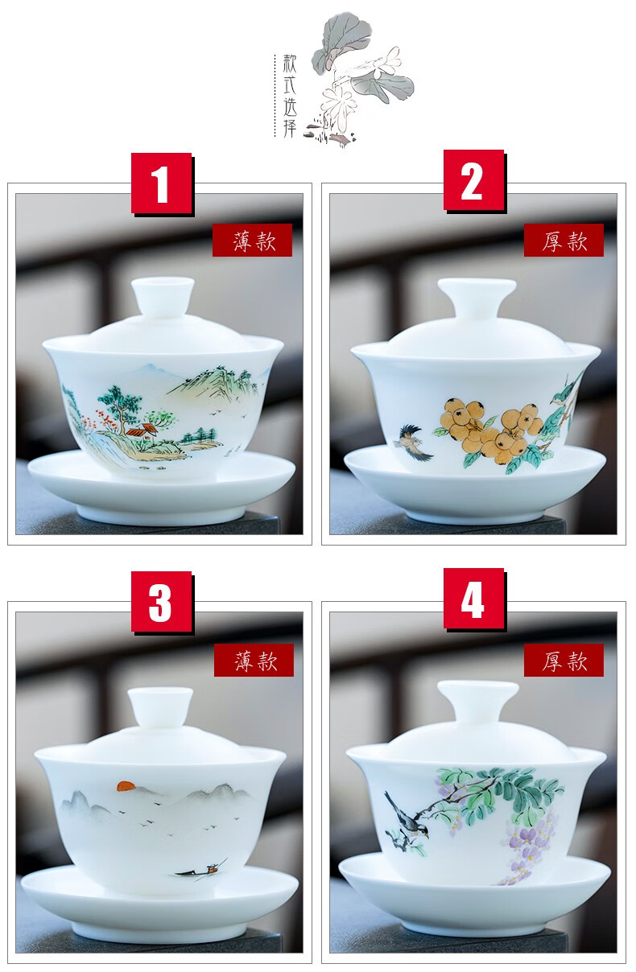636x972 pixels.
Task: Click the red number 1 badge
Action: click(x=162, y=183)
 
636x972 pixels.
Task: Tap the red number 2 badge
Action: click(x=473, y=180)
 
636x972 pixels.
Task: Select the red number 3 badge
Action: click(x=162, y=601)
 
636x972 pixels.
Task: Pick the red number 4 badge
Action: click(x=473, y=599)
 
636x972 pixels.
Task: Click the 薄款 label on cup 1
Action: click(x=252, y=240)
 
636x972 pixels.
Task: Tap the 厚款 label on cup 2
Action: click(x=564, y=240)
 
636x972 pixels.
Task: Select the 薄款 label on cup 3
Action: click(x=254, y=660)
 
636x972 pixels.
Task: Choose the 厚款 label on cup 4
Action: click(x=564, y=660)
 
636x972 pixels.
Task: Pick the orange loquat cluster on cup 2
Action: click(x=490, y=430)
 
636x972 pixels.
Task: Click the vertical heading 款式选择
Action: click(x=290, y=96)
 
